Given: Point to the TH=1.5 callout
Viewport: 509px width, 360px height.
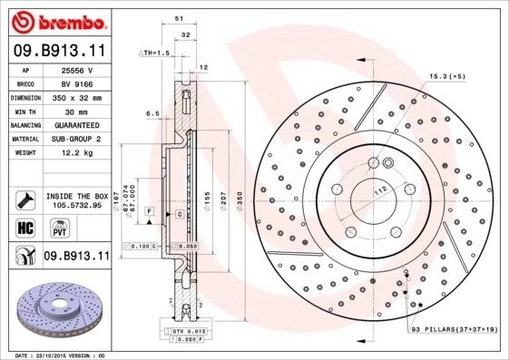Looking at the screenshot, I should point(152,54).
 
